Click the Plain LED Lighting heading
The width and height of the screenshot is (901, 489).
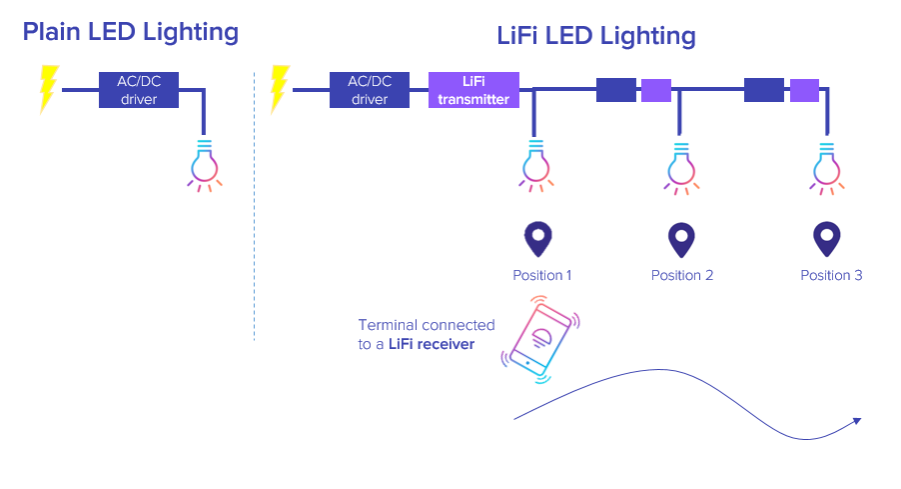[130, 32]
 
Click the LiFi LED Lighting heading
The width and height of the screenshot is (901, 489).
[595, 36]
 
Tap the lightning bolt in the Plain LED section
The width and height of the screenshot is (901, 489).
[47, 89]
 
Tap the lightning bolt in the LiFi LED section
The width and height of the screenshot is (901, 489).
[279, 89]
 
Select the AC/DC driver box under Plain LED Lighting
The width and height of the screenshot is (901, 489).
[139, 90]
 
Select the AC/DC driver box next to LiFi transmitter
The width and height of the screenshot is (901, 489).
[370, 90]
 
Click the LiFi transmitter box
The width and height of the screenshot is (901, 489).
[473, 90]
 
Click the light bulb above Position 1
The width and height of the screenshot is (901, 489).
[535, 164]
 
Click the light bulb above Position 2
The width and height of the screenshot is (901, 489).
[680, 164]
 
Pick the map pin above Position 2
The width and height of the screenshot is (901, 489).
[681, 240]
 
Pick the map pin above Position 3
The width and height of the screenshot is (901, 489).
[826, 240]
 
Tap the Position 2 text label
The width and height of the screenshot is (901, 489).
[682, 275]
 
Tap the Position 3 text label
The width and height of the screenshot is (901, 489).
[831, 275]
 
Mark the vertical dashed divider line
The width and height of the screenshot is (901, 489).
[255, 200]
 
